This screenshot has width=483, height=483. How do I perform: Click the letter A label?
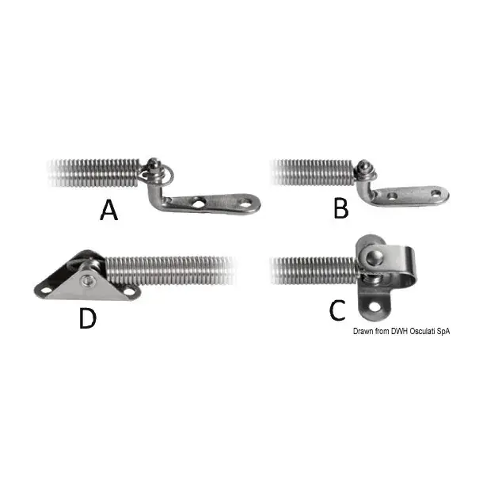coord(109,210)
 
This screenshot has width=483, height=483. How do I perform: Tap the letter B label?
coord(341,208)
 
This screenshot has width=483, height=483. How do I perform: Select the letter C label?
coord(337,310)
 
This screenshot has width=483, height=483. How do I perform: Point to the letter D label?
coord(88,318)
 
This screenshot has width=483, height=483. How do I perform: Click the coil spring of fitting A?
coord(94,173)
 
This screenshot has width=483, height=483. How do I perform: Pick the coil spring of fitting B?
coord(313,172)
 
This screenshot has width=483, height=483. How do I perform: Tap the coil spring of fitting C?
coord(314,271)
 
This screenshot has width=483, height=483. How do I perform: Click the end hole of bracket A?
coord(245,203)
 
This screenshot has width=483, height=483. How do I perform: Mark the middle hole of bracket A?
coord(200,203)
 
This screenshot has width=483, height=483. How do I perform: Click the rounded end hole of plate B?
coord(435,194)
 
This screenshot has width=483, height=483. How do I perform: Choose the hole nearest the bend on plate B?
coord(392,196)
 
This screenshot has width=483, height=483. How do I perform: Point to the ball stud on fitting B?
coord(363,166)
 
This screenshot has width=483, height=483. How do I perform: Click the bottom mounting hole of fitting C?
coord(374,306)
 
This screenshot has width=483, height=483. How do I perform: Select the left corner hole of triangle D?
coord(47,290)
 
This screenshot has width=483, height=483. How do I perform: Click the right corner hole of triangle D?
coord(129,291)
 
